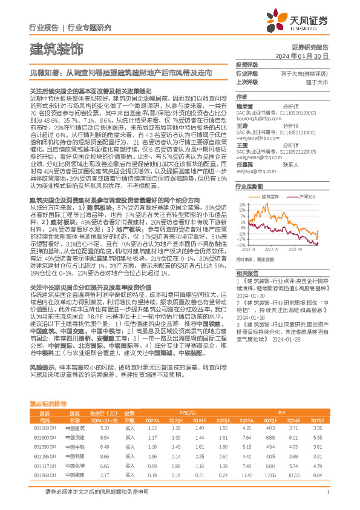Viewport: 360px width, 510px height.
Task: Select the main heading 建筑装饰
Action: click(56, 48)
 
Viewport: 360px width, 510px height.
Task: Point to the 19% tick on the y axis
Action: click(242, 205)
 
